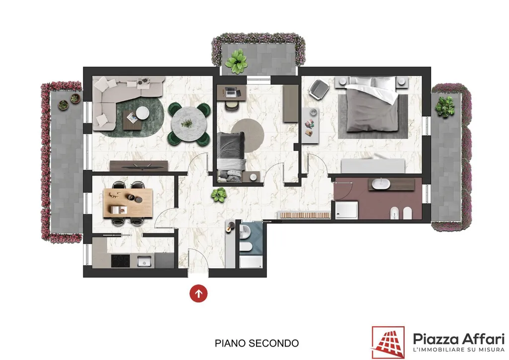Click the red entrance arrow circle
pyautogui.click(x=198, y=293)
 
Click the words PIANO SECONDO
pyautogui.click(x=257, y=343)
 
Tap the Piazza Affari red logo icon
pyautogui.click(x=388, y=343)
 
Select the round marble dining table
pyautogui.click(x=189, y=123)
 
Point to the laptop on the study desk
pyautogui.click(x=230, y=92)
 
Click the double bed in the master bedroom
pyautogui.click(x=372, y=104)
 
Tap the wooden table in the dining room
pyautogui.click(x=128, y=203)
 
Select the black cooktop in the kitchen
pyautogui.click(x=120, y=261)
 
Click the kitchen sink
pyautogui.click(x=144, y=261)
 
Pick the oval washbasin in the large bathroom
pyautogui.click(x=381, y=184)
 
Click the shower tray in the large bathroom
pyautogui.click(x=346, y=210)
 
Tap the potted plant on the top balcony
pyautogui.click(x=237, y=61)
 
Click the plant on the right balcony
pyautogui.click(x=445, y=106)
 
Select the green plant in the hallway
pyautogui.click(x=219, y=195)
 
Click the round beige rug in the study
pyautogui.click(x=248, y=135)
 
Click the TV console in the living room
pyautogui.click(x=139, y=166)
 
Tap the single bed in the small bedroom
pyautogui.click(x=231, y=157)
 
